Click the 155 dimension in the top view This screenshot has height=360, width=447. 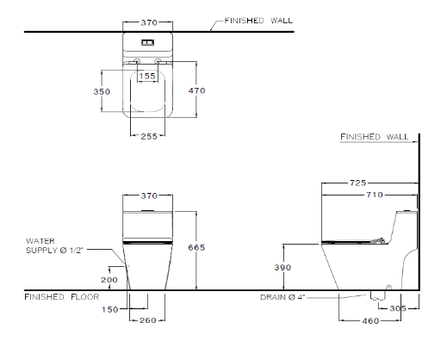coord(148,76)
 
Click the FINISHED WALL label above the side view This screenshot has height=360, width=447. coord(376,137)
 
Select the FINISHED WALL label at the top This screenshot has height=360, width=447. coord(257,19)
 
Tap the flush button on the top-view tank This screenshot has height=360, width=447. coord(148,41)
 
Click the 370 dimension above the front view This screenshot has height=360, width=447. coord(148,196)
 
